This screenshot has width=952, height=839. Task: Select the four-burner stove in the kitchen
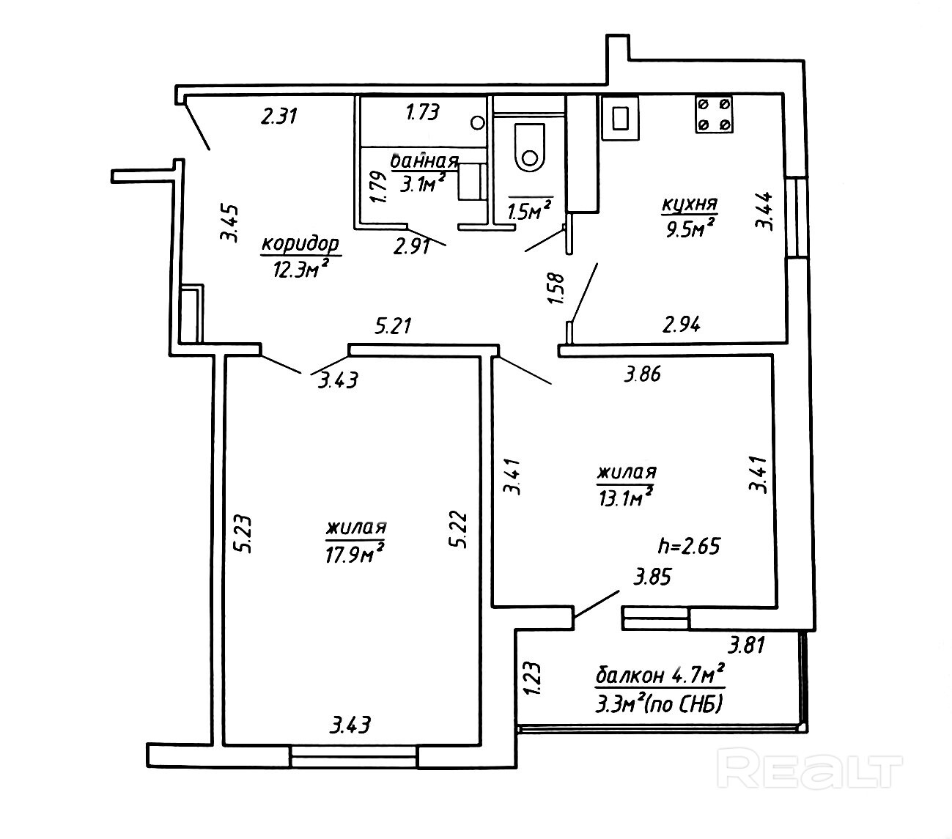[x=713, y=114]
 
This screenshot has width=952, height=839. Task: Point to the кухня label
[x=689, y=204]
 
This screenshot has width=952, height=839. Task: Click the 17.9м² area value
[x=355, y=555]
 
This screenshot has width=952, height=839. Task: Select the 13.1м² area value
[x=625, y=498]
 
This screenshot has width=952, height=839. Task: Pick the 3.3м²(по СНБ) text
[x=660, y=704]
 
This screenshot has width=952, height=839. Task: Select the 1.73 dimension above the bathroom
[x=422, y=112]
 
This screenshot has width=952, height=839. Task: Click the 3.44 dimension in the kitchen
[x=764, y=210]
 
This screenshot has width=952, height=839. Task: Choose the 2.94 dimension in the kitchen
[x=681, y=323]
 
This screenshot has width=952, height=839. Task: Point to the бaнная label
[x=425, y=161]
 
